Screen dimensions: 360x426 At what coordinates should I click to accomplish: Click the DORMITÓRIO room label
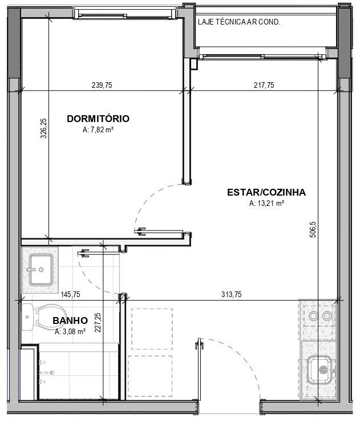tap(98, 119)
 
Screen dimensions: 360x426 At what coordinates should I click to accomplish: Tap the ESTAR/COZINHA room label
tap(266, 192)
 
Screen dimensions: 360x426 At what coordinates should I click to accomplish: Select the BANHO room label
tap(70, 320)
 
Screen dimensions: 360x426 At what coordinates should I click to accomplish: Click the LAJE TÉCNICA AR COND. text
tap(239, 22)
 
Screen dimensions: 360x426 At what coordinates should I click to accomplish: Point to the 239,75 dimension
tap(102, 85)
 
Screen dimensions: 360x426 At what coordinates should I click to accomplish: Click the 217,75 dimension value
tap(264, 85)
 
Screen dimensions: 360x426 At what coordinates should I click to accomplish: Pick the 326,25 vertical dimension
tap(43, 128)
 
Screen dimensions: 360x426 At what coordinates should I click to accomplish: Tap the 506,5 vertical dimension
tap(313, 230)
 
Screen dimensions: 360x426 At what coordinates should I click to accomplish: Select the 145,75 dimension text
tap(70, 294)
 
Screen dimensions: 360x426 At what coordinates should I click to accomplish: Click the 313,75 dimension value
tap(231, 294)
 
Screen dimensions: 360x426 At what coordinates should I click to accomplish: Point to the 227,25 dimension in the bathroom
tap(98, 322)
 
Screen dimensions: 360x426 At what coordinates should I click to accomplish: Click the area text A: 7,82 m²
tap(98, 130)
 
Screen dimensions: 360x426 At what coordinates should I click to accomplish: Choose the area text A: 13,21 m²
tap(266, 203)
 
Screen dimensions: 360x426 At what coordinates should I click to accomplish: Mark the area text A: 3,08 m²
tap(70, 332)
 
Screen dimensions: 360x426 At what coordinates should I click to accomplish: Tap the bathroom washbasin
tap(40, 270)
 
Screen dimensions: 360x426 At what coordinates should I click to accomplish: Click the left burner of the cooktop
tap(314, 316)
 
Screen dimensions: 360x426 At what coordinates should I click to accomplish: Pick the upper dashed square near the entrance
tap(152, 328)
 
